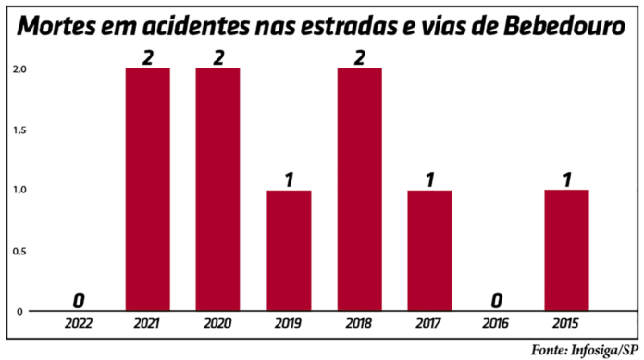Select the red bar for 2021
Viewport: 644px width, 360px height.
(148, 190)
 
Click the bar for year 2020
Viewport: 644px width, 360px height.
(218, 190)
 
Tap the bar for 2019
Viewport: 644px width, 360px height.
(289, 250)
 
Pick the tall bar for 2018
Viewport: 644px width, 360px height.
(359, 190)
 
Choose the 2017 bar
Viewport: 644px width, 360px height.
(428, 250)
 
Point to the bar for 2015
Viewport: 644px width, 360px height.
(566, 250)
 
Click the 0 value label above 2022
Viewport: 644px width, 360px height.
(80, 301)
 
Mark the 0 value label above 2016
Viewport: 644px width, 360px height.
(497, 301)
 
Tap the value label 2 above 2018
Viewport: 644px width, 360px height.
(359, 57)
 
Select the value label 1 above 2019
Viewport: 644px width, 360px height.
(289, 180)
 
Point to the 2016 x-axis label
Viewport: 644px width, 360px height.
(497, 325)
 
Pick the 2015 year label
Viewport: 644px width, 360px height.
(566, 325)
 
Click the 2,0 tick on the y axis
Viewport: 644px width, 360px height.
(19, 68)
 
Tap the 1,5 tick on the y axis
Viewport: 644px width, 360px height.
(19, 130)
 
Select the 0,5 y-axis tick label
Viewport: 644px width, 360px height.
(19, 251)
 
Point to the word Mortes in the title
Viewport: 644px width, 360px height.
(58, 27)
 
